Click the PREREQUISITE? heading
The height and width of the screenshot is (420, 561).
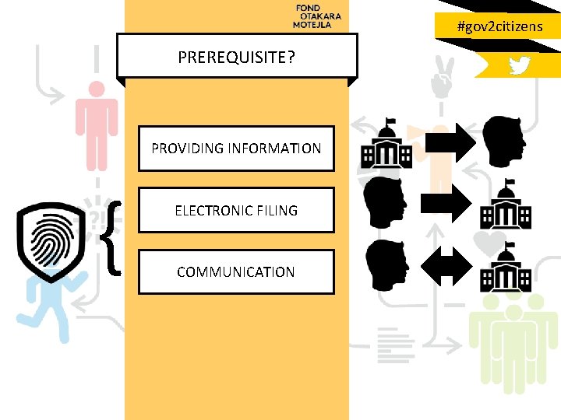point(236,57)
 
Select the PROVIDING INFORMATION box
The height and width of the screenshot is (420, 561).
point(236,148)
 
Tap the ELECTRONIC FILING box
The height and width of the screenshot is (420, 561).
point(236,210)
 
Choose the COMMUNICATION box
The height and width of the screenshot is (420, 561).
point(236,272)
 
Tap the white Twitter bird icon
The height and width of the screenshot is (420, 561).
point(519,65)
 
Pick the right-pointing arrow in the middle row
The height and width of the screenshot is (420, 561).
point(446,205)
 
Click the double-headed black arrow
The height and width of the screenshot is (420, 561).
point(446,267)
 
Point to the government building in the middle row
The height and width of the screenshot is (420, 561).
point(506,205)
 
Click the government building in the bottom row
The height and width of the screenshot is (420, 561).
point(506,268)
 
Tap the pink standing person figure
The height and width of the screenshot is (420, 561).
point(97,124)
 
